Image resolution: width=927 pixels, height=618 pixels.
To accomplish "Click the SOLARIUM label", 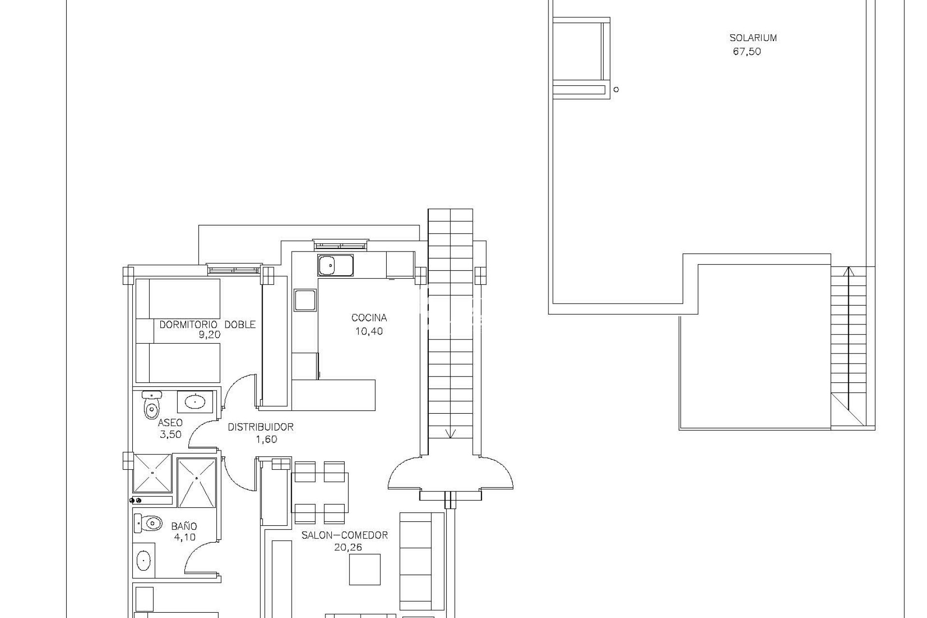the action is click(x=753, y=38).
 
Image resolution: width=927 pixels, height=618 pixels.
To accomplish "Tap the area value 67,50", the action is click(x=747, y=51).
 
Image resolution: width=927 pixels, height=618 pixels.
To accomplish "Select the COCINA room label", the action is click(x=369, y=318).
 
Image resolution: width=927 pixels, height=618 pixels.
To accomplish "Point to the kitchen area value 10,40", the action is click(x=369, y=331).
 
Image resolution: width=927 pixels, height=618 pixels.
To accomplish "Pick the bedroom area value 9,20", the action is click(x=209, y=335).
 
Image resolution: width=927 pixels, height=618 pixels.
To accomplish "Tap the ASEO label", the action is click(x=170, y=423).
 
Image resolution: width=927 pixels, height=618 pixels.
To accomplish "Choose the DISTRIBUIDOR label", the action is click(x=261, y=427).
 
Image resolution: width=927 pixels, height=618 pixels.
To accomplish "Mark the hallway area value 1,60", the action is click(x=267, y=439).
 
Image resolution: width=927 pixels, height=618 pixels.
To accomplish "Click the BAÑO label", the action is click(x=184, y=526).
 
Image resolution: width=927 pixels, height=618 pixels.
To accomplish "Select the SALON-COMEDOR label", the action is click(x=345, y=535).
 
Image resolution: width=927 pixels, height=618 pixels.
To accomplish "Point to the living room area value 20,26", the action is click(x=348, y=548).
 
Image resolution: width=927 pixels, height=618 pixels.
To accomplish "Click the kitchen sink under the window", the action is click(x=335, y=266).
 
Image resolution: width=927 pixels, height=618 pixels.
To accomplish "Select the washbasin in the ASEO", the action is click(x=195, y=401).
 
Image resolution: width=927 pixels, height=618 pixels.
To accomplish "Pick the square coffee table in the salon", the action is click(x=365, y=569).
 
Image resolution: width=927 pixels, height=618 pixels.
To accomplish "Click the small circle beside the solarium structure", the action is click(x=616, y=89).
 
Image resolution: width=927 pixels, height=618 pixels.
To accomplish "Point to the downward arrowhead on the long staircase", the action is click(x=450, y=433).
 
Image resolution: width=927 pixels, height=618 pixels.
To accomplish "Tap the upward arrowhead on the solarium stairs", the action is click(x=845, y=271).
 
